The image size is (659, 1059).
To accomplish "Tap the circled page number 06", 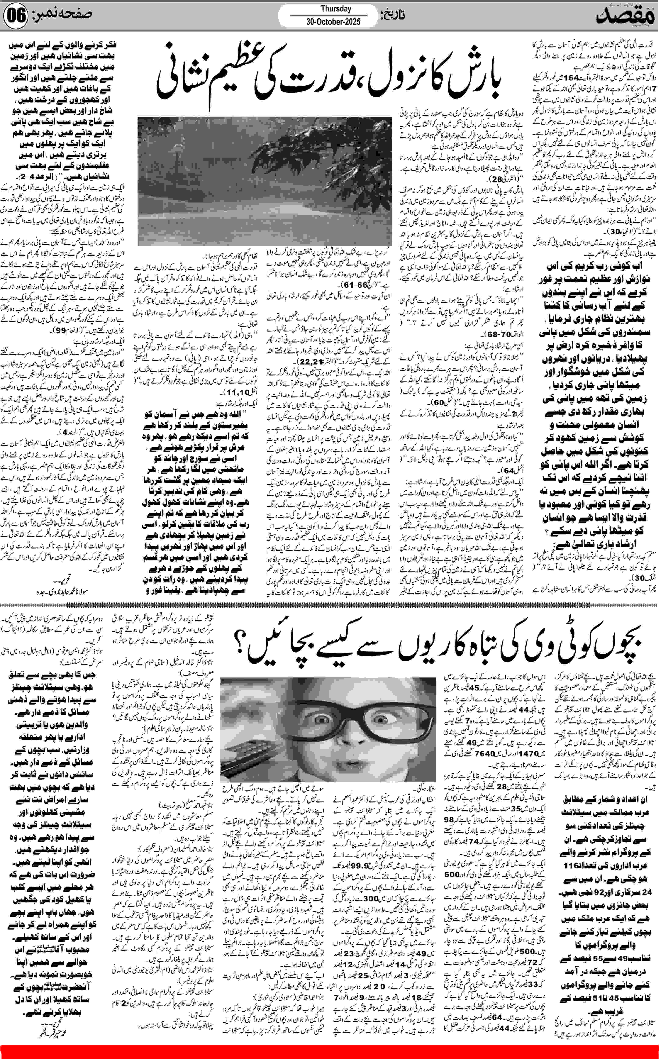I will pos(16,17).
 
